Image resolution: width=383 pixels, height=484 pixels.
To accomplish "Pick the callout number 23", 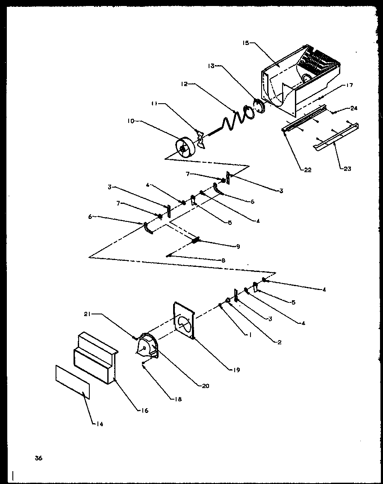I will pos(347,169).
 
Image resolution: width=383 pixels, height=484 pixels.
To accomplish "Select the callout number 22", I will pos(307,170).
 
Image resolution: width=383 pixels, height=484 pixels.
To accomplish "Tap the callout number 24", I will pos(354,108).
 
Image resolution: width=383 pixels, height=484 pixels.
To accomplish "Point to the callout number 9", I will pos(238,246).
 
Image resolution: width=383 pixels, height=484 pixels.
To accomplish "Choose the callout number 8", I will pos(223,260).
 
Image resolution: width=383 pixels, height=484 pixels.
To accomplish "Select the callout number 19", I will pos(237,370).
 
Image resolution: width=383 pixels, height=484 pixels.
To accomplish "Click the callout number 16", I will pos(145,410).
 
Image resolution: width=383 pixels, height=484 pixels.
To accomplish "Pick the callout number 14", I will pos(100,424).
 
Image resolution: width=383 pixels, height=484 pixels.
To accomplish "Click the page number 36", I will pos(38,458).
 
